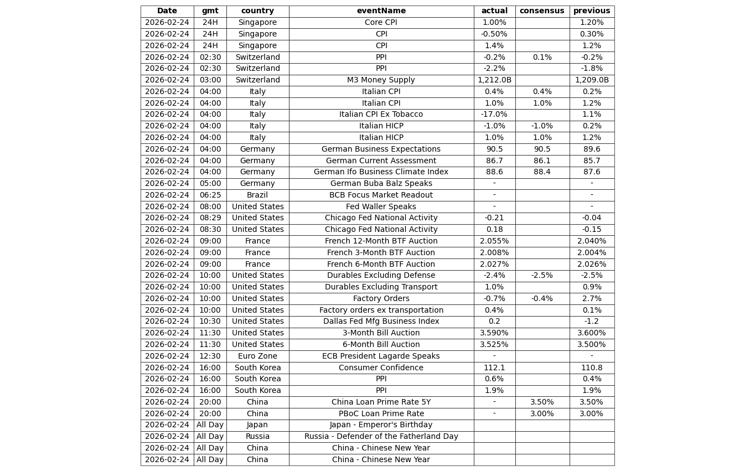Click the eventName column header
(x=381, y=11)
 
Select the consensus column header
(x=542, y=11)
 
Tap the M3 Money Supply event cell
(x=381, y=80)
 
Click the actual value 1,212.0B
(x=494, y=80)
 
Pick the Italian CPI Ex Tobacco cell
(x=381, y=115)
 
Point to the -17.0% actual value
(x=494, y=115)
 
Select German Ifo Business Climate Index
(x=381, y=172)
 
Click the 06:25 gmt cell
(x=210, y=195)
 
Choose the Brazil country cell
(x=257, y=195)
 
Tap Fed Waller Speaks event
(x=381, y=207)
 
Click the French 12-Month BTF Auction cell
(x=381, y=241)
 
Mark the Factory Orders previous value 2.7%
(x=592, y=299)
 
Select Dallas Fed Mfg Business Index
(x=381, y=322)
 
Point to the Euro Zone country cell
(x=257, y=356)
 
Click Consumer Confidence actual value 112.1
(x=494, y=368)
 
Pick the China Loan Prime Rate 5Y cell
(x=381, y=402)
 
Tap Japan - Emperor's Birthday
(x=381, y=425)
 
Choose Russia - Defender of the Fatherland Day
(x=381, y=437)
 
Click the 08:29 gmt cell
(x=210, y=218)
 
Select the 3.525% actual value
(x=494, y=345)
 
